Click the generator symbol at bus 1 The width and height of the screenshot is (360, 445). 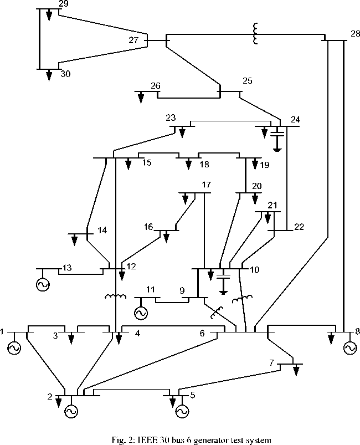pos(14,348)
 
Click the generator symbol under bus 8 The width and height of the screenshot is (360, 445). pos(349,348)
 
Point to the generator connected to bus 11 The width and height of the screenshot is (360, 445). pos(141,313)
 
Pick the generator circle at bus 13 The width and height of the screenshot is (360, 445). pos(42,285)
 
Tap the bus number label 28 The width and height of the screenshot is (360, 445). pos(354,34)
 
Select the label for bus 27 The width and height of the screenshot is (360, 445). pos(133,40)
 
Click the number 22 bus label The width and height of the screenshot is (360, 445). pos(299,226)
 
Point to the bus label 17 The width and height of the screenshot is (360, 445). pos(207,185)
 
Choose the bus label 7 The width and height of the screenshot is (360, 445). pos(271,363)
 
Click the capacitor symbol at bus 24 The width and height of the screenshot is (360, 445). pos(277,133)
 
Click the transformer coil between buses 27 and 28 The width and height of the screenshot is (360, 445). pos(255,34)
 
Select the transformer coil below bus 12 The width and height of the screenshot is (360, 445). pos(115,297)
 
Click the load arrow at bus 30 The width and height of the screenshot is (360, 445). pos(49,74)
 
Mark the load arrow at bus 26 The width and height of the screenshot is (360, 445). pos(141,97)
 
